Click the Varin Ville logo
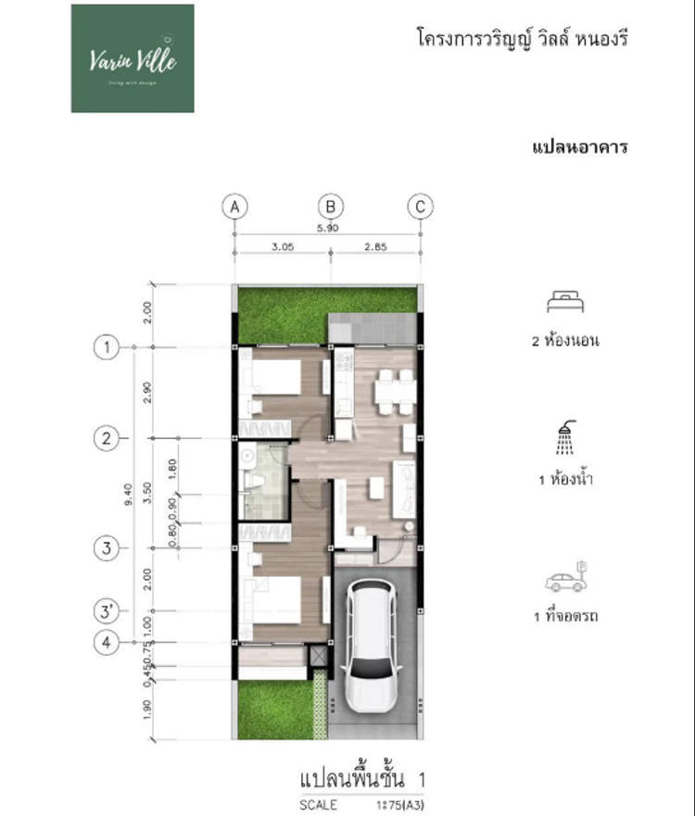pyautogui.click(x=133, y=58)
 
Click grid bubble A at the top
pyautogui.click(x=235, y=206)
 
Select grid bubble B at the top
pyautogui.click(x=331, y=206)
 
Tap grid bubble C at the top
pyautogui.click(x=420, y=206)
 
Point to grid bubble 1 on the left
pyautogui.click(x=107, y=347)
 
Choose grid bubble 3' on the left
pyautogui.click(x=107, y=611)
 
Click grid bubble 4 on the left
pyautogui.click(x=107, y=642)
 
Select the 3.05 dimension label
pyautogui.click(x=283, y=247)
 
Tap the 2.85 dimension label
pyautogui.click(x=376, y=247)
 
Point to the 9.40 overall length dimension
pyautogui.click(x=139, y=494)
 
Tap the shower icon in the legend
pyautogui.click(x=563, y=439)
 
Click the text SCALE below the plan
pyautogui.click(x=318, y=805)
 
